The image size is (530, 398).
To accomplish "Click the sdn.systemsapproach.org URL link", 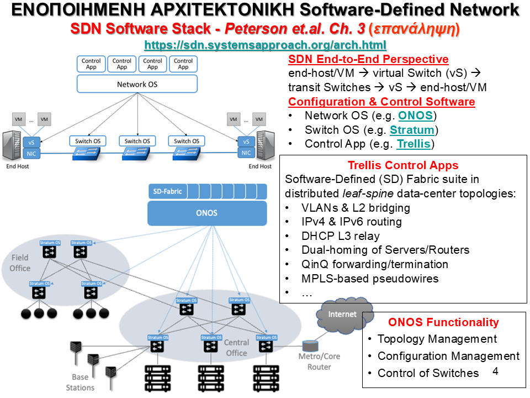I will [265, 45].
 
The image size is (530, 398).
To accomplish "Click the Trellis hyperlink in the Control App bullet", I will [415, 144].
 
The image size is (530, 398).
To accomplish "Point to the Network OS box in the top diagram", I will [137, 85].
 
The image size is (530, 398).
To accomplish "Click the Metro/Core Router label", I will [319, 362].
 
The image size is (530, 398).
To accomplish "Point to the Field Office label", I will [20, 263].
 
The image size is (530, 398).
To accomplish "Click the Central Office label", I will [236, 348].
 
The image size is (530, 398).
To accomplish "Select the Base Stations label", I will [80, 383].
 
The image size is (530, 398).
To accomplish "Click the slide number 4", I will [495, 371].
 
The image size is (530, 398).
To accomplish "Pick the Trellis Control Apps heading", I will [403, 165].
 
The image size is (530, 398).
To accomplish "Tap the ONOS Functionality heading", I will [443, 322].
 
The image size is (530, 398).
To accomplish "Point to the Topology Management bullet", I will [437, 339].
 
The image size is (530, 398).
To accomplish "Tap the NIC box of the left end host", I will [31, 153].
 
